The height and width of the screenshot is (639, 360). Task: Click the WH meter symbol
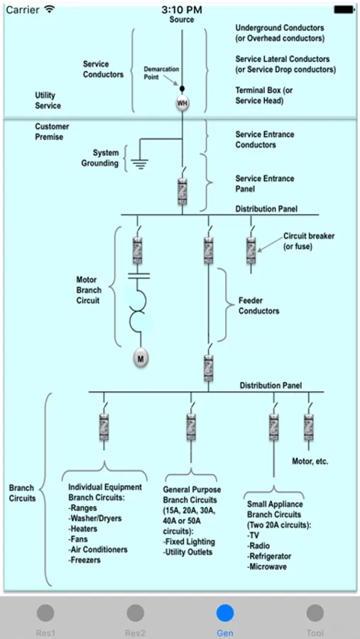pos(182,104)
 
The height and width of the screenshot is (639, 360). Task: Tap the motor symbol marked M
pos(141,359)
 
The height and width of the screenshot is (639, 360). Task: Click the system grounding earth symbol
pos(140,164)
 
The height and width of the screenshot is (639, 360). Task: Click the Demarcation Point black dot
pos(182,89)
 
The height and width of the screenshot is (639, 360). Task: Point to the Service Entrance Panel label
pos(265,184)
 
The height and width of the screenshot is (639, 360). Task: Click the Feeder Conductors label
pos(259,306)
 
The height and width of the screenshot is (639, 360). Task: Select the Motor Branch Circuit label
pos(89,290)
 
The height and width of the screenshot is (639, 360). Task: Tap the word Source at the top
pos(182,19)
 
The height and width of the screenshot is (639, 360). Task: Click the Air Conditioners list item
pos(98,550)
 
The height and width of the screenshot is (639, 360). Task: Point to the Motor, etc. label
pos(310,461)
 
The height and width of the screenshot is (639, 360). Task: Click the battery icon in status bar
pos(344,9)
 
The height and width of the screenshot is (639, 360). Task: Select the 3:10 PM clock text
pos(182,9)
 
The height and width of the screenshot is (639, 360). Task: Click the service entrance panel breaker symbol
pos(182,191)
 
